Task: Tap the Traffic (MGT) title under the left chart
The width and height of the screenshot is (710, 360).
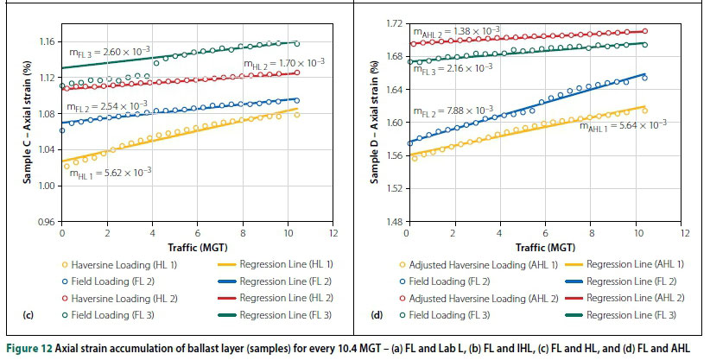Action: click(x=198, y=248)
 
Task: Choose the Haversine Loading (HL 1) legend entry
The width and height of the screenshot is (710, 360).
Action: click(x=114, y=263)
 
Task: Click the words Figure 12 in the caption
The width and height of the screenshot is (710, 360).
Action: click(x=26, y=347)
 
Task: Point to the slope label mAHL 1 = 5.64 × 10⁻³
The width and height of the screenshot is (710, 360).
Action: click(x=623, y=124)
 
